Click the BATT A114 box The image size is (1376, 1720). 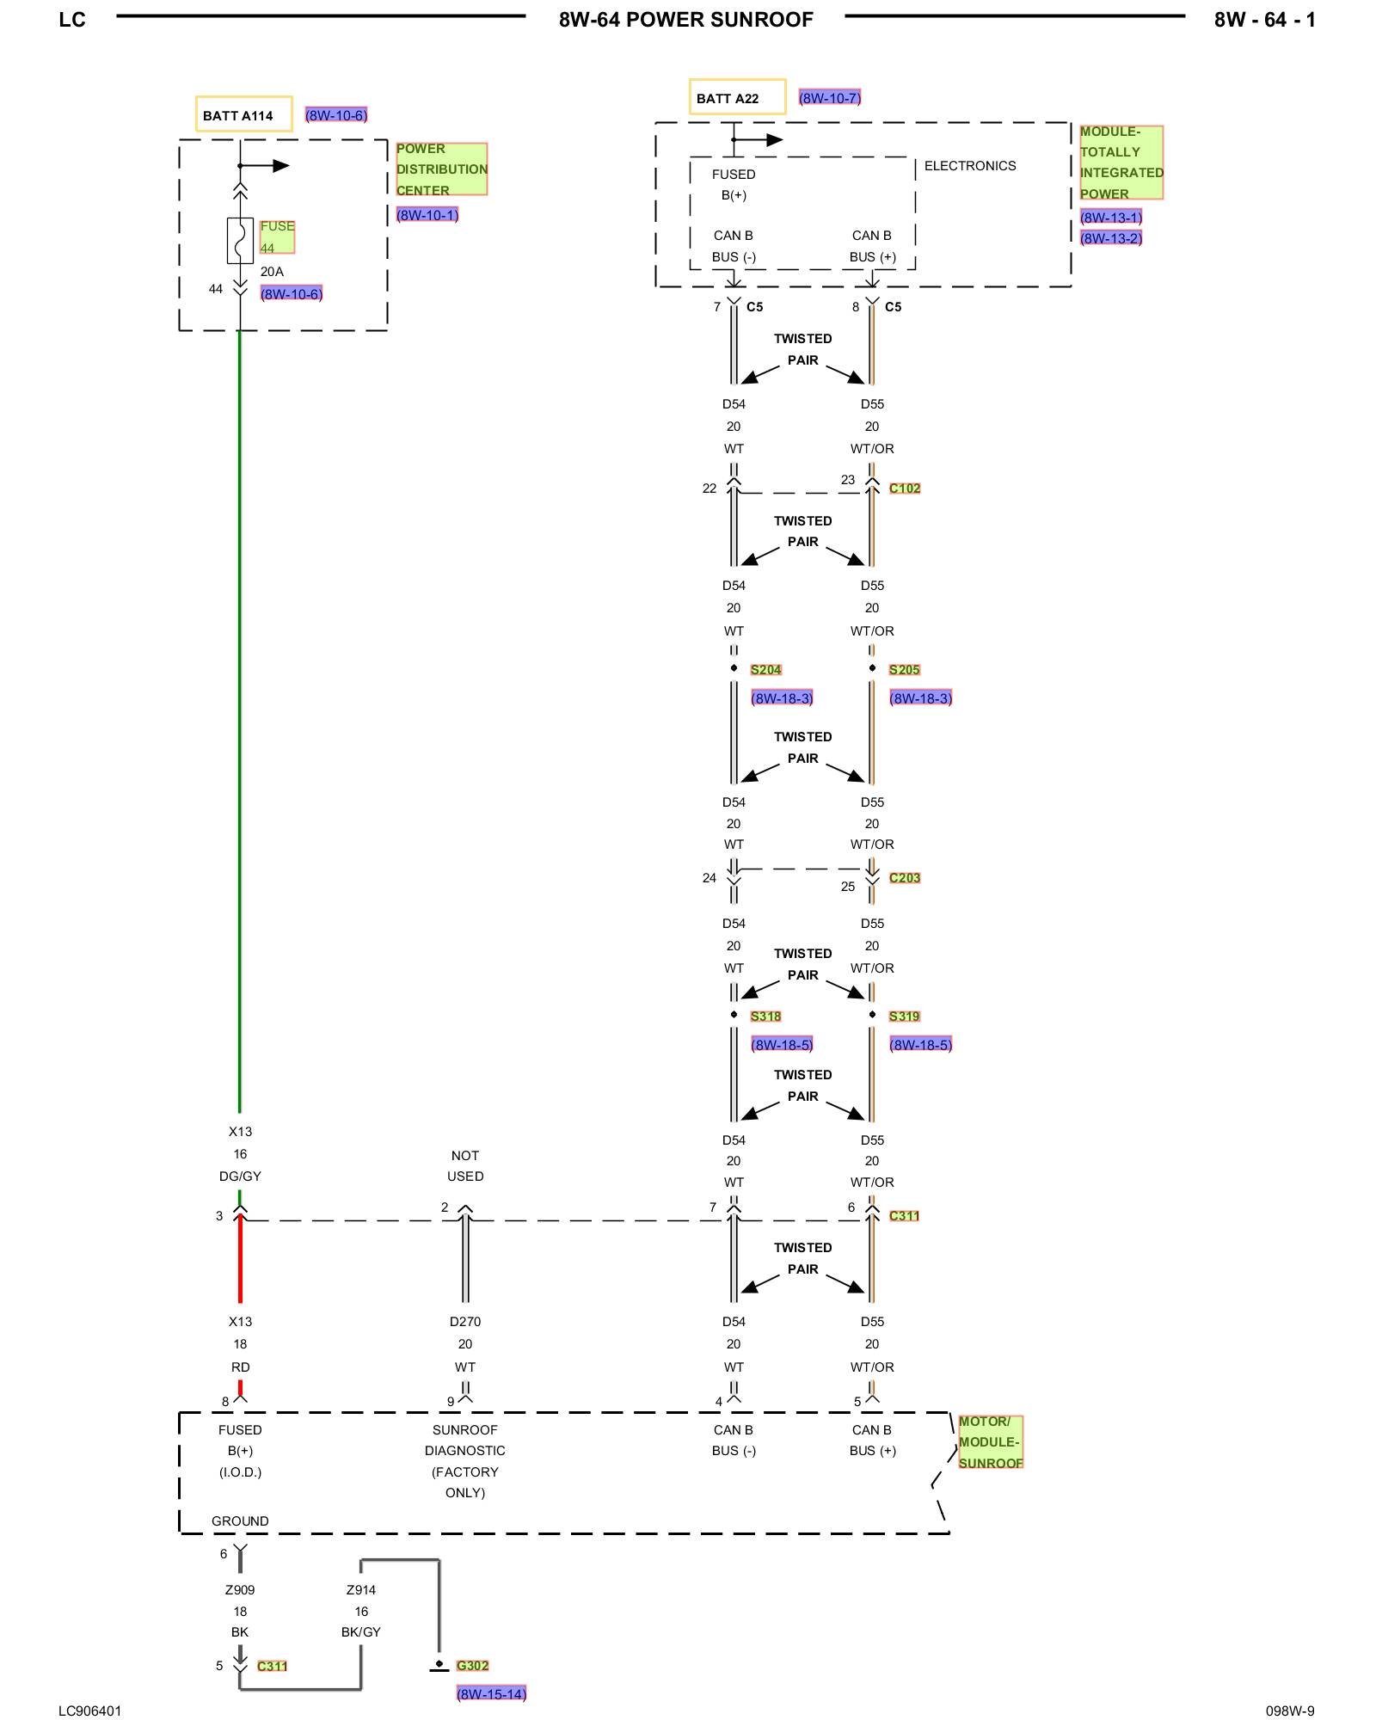243,114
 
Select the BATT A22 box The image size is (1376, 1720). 737,97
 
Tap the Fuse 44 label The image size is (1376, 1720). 277,236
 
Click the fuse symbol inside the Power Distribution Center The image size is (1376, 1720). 240,240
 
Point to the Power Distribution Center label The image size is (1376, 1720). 441,169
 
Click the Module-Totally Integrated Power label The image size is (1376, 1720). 1121,163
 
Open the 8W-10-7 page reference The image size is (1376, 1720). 830,98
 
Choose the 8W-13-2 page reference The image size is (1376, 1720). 1111,238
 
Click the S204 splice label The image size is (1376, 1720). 765,670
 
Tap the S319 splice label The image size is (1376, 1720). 904,1017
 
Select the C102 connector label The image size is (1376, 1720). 905,488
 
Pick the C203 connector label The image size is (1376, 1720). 905,878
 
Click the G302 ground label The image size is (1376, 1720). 472,1666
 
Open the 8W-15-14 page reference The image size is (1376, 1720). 491,1694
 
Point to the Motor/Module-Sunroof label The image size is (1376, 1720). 991,1442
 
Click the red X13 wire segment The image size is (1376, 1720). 240,1260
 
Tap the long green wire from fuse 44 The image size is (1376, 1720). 239,722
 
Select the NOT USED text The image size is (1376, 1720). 465,1166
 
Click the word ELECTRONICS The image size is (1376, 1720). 970,166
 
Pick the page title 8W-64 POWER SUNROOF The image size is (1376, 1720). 685,20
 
